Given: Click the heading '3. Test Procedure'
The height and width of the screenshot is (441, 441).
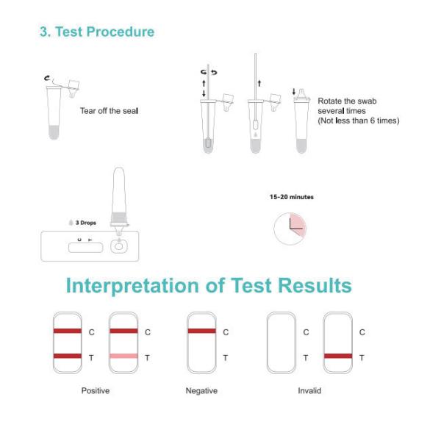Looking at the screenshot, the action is [97, 32].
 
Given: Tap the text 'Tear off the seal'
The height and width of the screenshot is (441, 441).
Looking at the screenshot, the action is [109, 111].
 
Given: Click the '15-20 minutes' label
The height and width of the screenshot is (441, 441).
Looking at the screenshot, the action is [292, 197].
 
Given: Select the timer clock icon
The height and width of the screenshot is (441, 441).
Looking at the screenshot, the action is [290, 229].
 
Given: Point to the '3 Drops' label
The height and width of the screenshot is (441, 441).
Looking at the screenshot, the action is [86, 223].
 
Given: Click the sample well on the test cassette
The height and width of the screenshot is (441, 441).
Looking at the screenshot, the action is [119, 247].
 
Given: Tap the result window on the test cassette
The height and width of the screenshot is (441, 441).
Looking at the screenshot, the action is [85, 248].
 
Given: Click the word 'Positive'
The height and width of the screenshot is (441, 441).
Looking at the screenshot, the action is [96, 391].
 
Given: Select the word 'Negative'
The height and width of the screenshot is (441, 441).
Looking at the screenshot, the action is [201, 391].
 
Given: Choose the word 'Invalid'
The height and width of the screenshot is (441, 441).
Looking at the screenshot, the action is [309, 391].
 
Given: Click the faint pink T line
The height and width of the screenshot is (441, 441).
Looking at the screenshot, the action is [123, 356].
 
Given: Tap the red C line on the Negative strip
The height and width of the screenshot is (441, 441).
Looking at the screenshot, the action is [202, 331].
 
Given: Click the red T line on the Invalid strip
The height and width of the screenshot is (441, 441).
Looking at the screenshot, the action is [338, 356].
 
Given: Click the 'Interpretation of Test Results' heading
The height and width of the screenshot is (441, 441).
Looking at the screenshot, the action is [209, 285].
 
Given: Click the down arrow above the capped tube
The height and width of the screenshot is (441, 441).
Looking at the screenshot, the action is [294, 91].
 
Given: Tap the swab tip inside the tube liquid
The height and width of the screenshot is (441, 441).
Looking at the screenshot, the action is [208, 143].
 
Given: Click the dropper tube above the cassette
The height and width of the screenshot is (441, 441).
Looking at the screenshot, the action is [119, 201].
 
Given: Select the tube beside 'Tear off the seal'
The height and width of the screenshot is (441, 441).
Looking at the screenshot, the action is [54, 112].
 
